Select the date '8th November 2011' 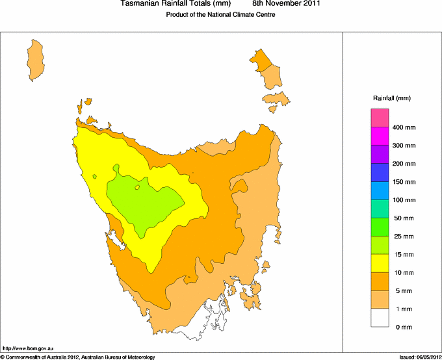286,5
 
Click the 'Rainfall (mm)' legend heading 391,98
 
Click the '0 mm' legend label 403,327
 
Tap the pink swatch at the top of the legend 380,118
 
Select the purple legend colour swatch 380,155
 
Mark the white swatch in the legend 380,318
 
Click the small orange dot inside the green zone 137,188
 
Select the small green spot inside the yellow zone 94,176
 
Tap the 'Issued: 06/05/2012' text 420,357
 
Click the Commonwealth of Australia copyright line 78,357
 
